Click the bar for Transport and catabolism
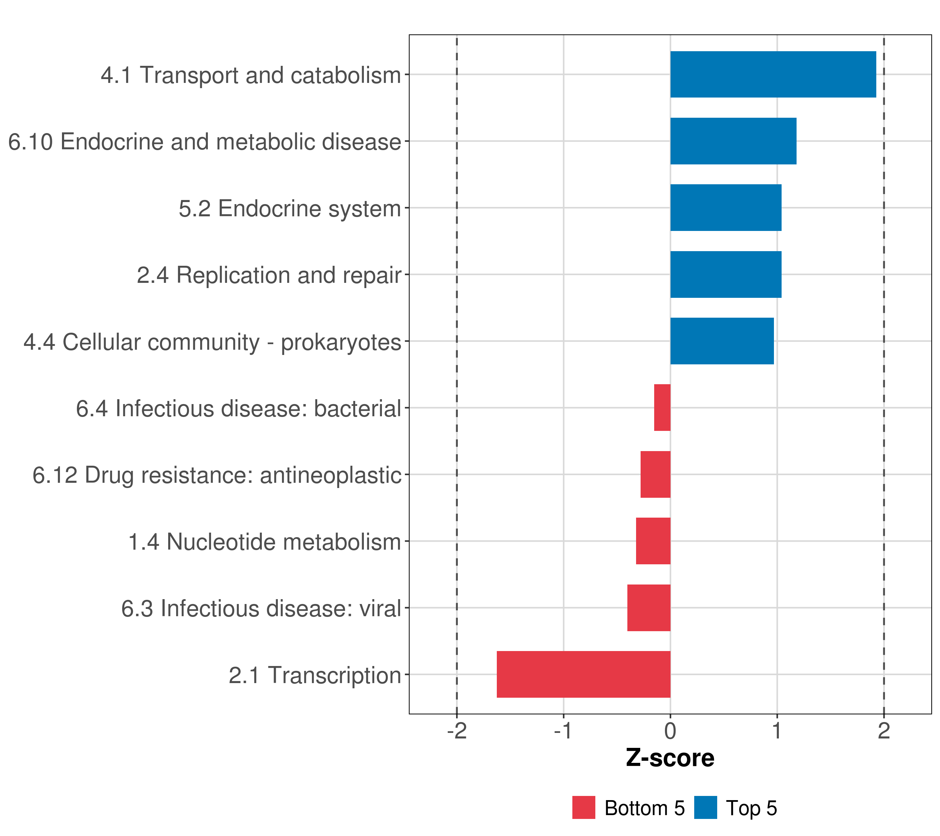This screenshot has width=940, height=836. click(x=773, y=75)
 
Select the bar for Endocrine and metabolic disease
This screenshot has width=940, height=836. click(x=733, y=141)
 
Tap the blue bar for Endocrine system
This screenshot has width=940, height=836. click(x=726, y=208)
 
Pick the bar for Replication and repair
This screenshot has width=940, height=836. click(x=726, y=275)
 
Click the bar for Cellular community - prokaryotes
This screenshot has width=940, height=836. click(x=722, y=341)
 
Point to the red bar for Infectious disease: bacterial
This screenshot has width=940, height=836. click(x=662, y=408)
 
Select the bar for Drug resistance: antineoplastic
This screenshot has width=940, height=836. click(x=655, y=474)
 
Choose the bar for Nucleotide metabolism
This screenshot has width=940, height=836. click(x=653, y=541)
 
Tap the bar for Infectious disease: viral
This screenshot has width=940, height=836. click(x=649, y=608)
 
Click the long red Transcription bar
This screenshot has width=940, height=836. click(x=583, y=674)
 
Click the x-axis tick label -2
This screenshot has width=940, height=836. click(x=457, y=731)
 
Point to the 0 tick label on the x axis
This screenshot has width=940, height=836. click(x=671, y=731)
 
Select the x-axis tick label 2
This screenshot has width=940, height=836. click(x=884, y=731)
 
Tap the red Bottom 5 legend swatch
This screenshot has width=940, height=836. click(x=583, y=808)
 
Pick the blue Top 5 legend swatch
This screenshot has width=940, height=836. click(x=705, y=808)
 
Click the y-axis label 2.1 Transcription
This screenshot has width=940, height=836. click(x=315, y=675)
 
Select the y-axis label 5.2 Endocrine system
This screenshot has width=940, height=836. click(x=290, y=208)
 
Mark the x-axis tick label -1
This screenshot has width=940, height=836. click(x=563, y=731)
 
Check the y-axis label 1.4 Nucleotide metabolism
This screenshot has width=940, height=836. click(x=265, y=542)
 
